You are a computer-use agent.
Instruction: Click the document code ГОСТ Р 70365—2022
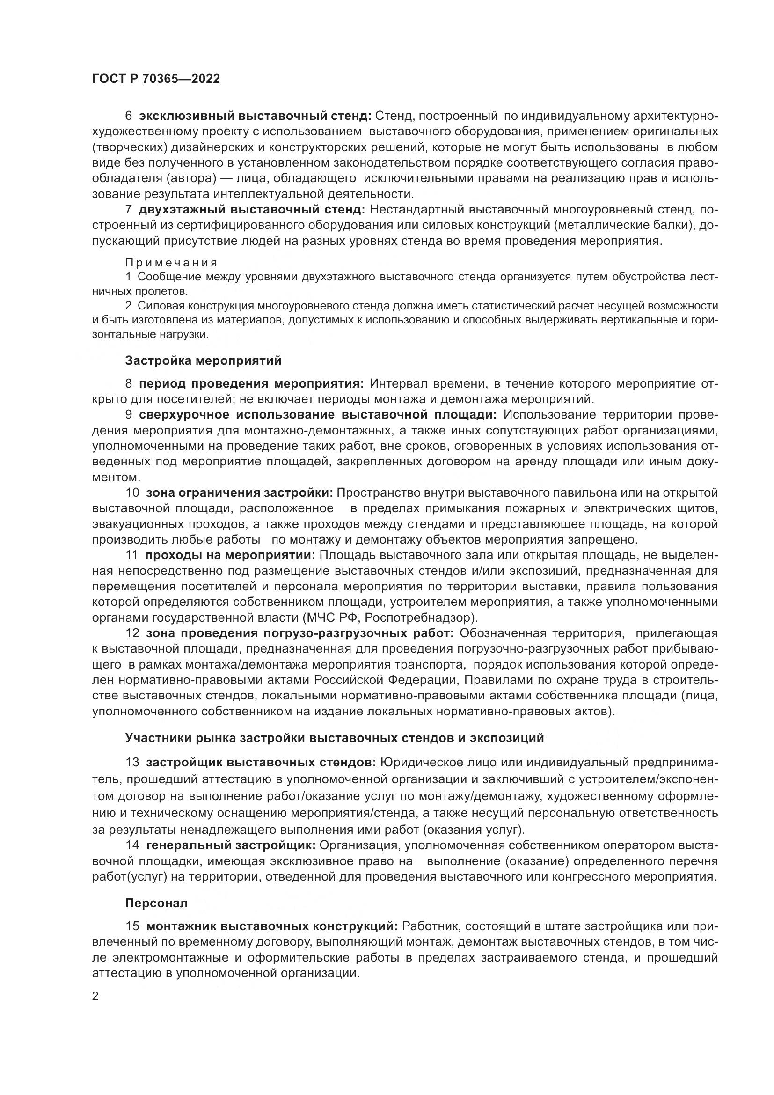coord(156,79)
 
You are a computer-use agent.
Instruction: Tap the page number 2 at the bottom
coord(95,996)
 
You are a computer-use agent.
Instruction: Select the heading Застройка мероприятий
coord(203,360)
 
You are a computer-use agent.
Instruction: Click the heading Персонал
coord(156,903)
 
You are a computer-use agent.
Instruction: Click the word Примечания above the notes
coord(171,263)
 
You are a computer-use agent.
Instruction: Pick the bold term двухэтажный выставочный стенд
coord(252,209)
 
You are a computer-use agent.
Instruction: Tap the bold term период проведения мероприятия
coord(252,384)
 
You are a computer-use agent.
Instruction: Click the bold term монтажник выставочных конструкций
coord(272,926)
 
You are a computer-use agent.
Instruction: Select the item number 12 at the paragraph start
coord(132,633)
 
